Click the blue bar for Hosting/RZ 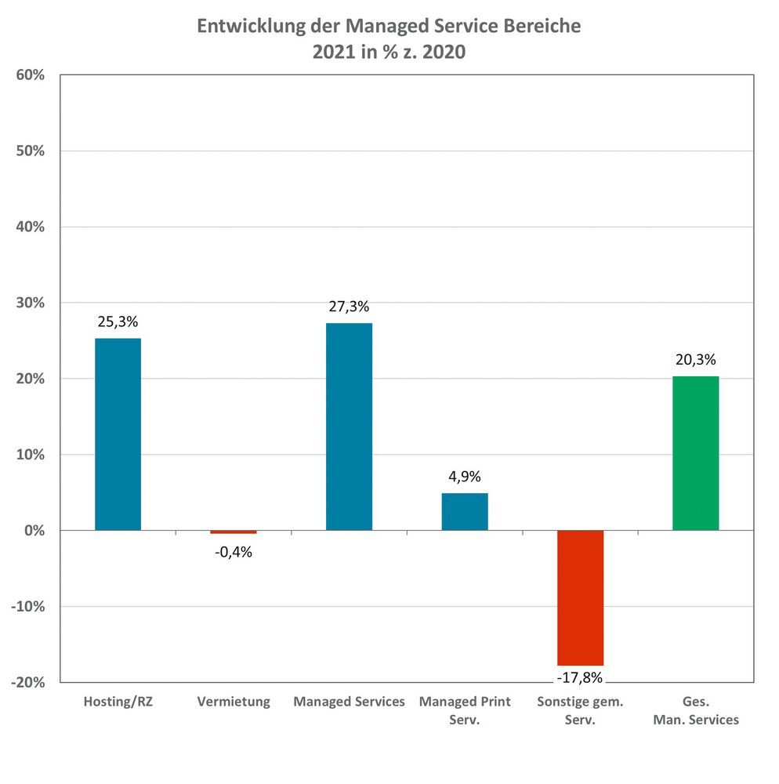pyautogui.click(x=118, y=434)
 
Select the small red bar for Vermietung pyautogui.click(x=233, y=532)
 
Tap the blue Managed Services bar pyautogui.click(x=349, y=426)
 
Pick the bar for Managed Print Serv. pyautogui.click(x=465, y=511)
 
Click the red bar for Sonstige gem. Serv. pyautogui.click(x=580, y=597)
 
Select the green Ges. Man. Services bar pyautogui.click(x=695, y=453)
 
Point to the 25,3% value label pyautogui.click(x=118, y=321)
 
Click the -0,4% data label pyautogui.click(x=233, y=552)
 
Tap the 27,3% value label pyautogui.click(x=349, y=307)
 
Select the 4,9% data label pyautogui.click(x=465, y=477)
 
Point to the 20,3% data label pyautogui.click(x=695, y=360)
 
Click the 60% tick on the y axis pyautogui.click(x=30, y=75)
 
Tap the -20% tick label pyautogui.click(x=27, y=683)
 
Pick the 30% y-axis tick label pyautogui.click(x=30, y=303)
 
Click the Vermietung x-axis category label pyautogui.click(x=233, y=702)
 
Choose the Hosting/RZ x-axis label pyautogui.click(x=118, y=702)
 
